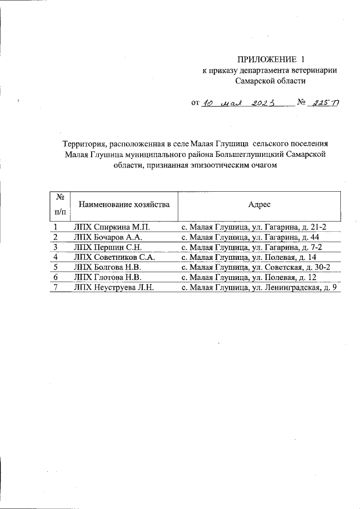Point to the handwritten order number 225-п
point(323,103)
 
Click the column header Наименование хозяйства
point(124,204)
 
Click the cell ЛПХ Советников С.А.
point(114,257)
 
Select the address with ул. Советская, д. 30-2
point(255,267)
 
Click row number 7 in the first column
point(55,287)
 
